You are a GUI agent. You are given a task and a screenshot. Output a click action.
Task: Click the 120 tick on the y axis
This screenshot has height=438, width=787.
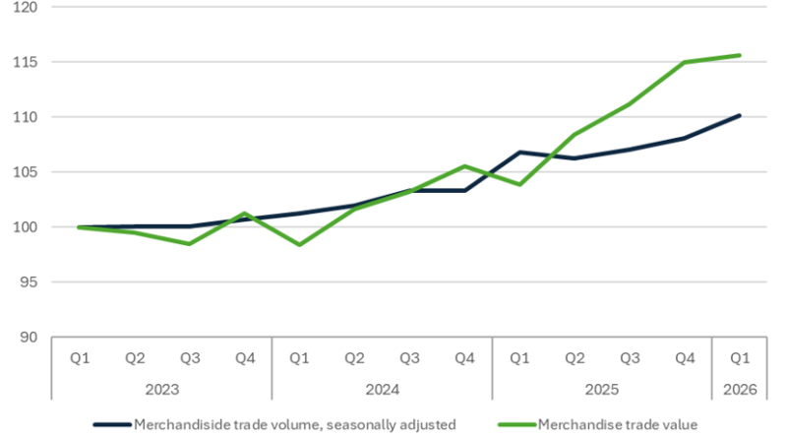(x=26, y=7)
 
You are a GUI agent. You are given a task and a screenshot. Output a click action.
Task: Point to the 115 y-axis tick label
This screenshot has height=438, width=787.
(x=26, y=62)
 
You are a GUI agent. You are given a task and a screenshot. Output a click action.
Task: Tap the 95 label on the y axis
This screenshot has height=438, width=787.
(x=29, y=282)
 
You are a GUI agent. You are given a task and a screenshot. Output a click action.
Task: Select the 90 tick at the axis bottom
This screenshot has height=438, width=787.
(x=29, y=337)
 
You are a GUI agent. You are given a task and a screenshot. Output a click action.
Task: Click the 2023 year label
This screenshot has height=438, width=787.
(x=162, y=389)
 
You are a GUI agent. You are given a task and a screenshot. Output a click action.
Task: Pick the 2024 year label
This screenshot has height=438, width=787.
(x=383, y=389)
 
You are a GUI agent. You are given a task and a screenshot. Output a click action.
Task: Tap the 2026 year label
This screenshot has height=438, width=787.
(x=740, y=389)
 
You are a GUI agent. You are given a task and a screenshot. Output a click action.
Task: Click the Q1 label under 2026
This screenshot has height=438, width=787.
(x=740, y=358)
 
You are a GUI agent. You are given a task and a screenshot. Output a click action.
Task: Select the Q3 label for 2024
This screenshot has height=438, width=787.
(x=409, y=358)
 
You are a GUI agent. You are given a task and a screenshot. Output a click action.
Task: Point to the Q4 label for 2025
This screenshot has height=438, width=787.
(x=685, y=358)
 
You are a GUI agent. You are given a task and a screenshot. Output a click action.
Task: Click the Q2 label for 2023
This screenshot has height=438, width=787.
(x=135, y=358)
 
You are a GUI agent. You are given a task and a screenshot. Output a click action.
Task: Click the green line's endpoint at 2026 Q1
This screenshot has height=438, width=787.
(x=740, y=55)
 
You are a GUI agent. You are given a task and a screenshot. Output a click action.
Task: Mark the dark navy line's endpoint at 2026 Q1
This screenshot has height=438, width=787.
(x=740, y=115)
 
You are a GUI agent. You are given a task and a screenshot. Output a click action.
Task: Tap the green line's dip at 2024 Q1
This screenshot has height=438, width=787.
(x=300, y=245)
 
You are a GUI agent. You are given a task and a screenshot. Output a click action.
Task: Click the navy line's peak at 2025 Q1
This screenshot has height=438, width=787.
(x=519, y=152)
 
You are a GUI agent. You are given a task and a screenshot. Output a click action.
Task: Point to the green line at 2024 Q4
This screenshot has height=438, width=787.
(x=464, y=166)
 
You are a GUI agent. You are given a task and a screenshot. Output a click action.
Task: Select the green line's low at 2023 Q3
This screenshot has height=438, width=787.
(x=190, y=244)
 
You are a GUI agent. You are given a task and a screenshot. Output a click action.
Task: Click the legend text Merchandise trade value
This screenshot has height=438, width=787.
(x=618, y=425)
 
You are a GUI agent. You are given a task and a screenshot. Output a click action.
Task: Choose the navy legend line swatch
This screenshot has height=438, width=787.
(x=112, y=425)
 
